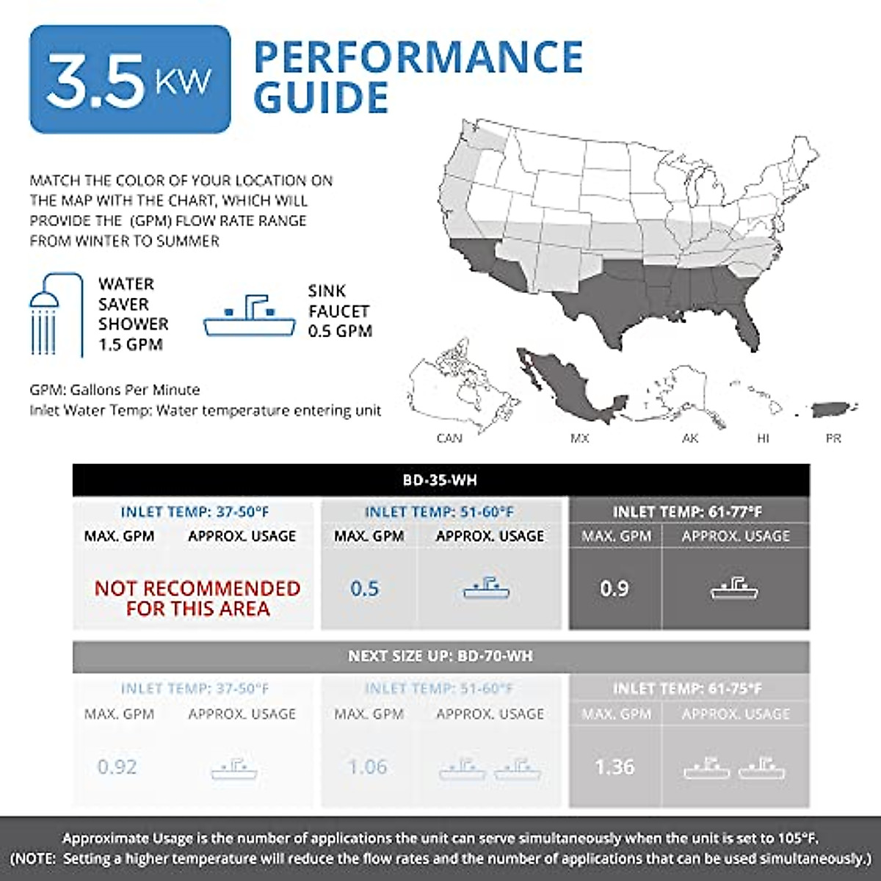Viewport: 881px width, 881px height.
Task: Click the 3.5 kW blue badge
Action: click(x=130, y=79)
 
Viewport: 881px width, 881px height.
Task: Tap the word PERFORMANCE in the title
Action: click(x=418, y=57)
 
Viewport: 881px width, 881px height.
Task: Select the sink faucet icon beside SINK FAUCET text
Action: click(x=250, y=316)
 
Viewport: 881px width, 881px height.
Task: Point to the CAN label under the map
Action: click(x=449, y=438)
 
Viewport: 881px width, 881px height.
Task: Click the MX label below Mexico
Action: click(x=579, y=438)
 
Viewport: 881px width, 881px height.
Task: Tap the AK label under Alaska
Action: click(x=690, y=438)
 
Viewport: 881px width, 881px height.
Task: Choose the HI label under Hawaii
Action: click(x=763, y=438)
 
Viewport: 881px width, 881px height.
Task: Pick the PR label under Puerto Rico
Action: click(x=833, y=438)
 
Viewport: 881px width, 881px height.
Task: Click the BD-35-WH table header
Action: click(x=440, y=480)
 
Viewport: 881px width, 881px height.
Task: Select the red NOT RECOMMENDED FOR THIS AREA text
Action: click(x=197, y=598)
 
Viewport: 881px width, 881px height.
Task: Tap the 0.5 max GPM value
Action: click(x=365, y=589)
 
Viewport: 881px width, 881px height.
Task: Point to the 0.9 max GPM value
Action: click(x=614, y=589)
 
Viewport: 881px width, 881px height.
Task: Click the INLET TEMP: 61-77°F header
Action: click(x=688, y=512)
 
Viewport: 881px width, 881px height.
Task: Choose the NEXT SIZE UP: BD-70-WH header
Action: click(x=440, y=656)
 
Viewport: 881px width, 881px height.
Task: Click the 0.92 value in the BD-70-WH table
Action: click(x=117, y=767)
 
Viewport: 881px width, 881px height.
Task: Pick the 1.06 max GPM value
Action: click(x=367, y=767)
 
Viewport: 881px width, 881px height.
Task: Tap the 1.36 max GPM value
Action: click(x=614, y=767)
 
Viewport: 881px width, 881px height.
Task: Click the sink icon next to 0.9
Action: click(x=734, y=588)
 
